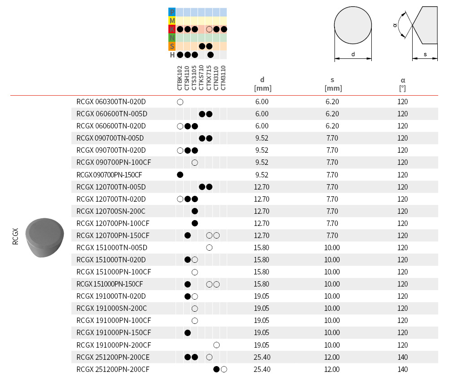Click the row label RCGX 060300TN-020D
(111, 102)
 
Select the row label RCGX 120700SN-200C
(111, 211)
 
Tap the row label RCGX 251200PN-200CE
(113, 357)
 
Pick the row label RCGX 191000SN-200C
(111, 309)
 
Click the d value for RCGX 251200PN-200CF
(262, 369)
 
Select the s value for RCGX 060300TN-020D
(332, 102)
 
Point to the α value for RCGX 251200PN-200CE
(403, 357)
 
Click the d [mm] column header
(263, 84)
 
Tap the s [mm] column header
(333, 84)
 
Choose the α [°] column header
(403, 84)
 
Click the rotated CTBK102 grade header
(180, 79)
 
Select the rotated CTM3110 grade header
(224, 79)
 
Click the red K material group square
(172, 29)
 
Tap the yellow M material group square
(172, 21)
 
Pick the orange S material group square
(172, 46)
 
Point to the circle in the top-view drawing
(353, 27)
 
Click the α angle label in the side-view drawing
(395, 26)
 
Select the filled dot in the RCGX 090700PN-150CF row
(180, 175)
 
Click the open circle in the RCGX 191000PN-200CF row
(216, 345)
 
